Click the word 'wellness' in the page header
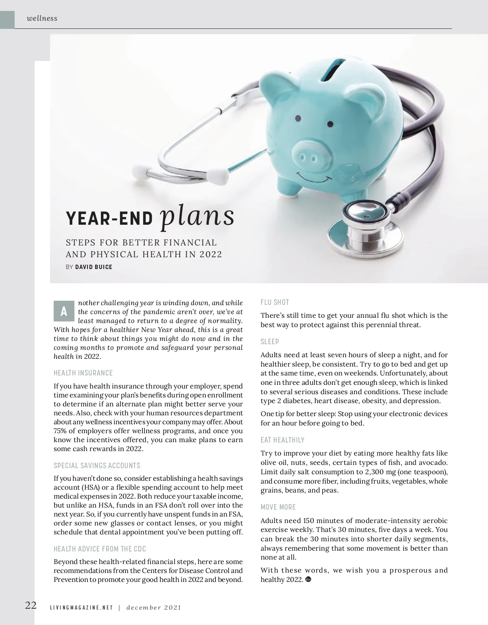coord(41,18)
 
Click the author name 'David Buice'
coord(94,267)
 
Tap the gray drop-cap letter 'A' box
coord(64,311)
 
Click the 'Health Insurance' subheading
coord(83,373)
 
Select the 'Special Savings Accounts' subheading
coord(97,466)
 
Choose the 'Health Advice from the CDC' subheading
coord(100,549)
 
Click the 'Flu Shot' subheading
coord(274,302)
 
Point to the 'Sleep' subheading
coord(270,342)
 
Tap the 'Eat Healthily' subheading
coord(282,440)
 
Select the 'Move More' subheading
coord(278,507)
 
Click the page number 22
coord(31,605)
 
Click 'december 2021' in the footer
coord(154,608)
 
